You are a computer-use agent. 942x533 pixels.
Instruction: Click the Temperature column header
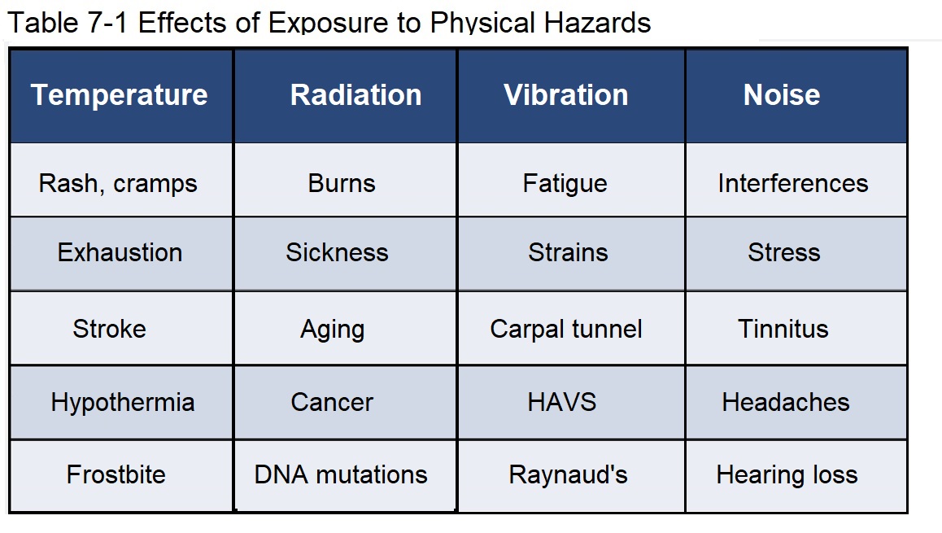[120, 96]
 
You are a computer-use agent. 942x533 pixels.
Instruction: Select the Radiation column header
[346, 96]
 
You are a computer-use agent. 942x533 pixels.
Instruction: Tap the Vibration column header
[571, 96]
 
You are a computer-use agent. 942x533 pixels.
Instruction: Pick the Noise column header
[796, 96]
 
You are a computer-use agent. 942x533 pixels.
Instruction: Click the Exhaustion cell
[120, 254]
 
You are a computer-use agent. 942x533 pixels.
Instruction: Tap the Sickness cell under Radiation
[346, 254]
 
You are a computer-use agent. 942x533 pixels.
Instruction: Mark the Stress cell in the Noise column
[796, 254]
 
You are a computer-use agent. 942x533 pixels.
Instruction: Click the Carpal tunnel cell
[571, 328]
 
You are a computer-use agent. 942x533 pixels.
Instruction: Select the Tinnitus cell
[796, 328]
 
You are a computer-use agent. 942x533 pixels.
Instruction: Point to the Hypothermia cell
[120, 402]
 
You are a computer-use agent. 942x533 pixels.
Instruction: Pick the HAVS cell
[571, 402]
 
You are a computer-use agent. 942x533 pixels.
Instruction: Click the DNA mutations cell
[346, 475]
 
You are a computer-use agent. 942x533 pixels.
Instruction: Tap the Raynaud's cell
[571, 475]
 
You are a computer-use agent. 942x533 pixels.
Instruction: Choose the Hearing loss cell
[796, 475]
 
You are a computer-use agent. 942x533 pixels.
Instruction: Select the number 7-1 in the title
[107, 23]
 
